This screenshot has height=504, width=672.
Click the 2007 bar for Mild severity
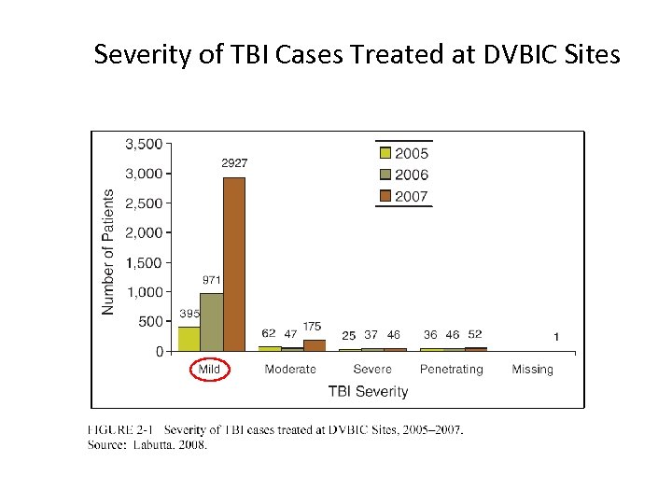234,264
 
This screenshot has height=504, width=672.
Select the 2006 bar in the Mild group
212,322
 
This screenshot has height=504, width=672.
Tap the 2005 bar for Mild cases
189,339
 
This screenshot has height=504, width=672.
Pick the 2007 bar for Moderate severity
315,345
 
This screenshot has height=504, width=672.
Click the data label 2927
234,163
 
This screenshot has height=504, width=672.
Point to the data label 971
212,280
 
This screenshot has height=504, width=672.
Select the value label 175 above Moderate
313,327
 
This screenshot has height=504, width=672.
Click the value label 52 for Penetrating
475,334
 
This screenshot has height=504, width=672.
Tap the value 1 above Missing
556,335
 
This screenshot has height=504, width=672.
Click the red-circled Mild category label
210,370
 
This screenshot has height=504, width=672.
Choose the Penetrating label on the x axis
451,370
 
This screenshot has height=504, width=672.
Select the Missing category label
532,370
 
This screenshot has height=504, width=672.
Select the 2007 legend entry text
413,196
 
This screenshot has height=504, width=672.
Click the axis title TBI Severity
368,392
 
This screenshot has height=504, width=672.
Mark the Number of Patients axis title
108,252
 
